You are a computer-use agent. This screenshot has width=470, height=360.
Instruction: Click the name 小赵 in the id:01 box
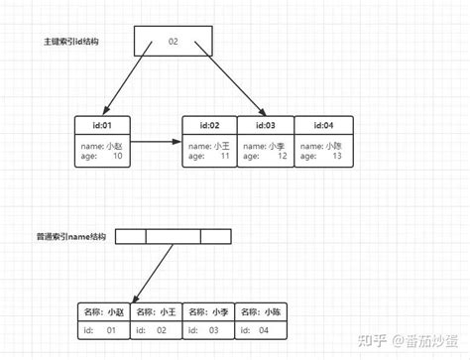[x=116, y=145]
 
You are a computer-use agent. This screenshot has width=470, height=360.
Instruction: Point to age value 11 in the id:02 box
[x=224, y=156]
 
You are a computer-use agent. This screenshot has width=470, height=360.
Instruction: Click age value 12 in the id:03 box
[x=282, y=156]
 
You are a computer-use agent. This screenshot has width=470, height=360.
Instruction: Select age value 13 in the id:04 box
[x=337, y=156]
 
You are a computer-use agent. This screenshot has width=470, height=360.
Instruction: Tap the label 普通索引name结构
[x=72, y=237]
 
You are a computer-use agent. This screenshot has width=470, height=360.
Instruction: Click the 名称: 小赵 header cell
[x=105, y=310]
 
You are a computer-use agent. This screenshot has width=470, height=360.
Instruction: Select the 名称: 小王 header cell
[x=159, y=310]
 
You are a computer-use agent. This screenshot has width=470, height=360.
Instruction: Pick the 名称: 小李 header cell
[x=211, y=310]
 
